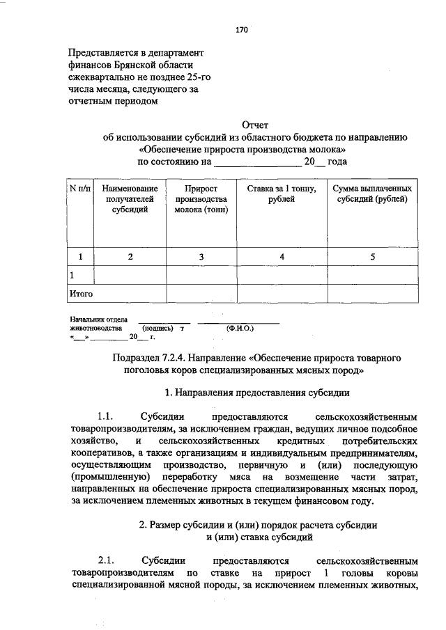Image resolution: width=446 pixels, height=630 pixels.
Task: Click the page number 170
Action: pos(242,30)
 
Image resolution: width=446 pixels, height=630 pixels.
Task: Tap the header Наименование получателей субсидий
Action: pos(130,199)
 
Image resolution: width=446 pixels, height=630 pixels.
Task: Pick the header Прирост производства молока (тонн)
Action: pos(201,199)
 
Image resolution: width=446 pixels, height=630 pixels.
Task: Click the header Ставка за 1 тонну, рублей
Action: pos(282,194)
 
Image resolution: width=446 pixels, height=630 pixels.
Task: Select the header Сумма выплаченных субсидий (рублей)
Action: pos(372,194)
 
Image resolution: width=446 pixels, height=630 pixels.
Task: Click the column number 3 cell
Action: pos(201,257)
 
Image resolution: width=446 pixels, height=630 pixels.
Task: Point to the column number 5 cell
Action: pos(372,257)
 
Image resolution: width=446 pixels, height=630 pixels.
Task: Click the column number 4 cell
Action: pos(282,257)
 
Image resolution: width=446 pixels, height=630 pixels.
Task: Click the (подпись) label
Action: pos(157,326)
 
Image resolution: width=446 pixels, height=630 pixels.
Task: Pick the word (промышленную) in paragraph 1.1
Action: pos(111,476)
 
